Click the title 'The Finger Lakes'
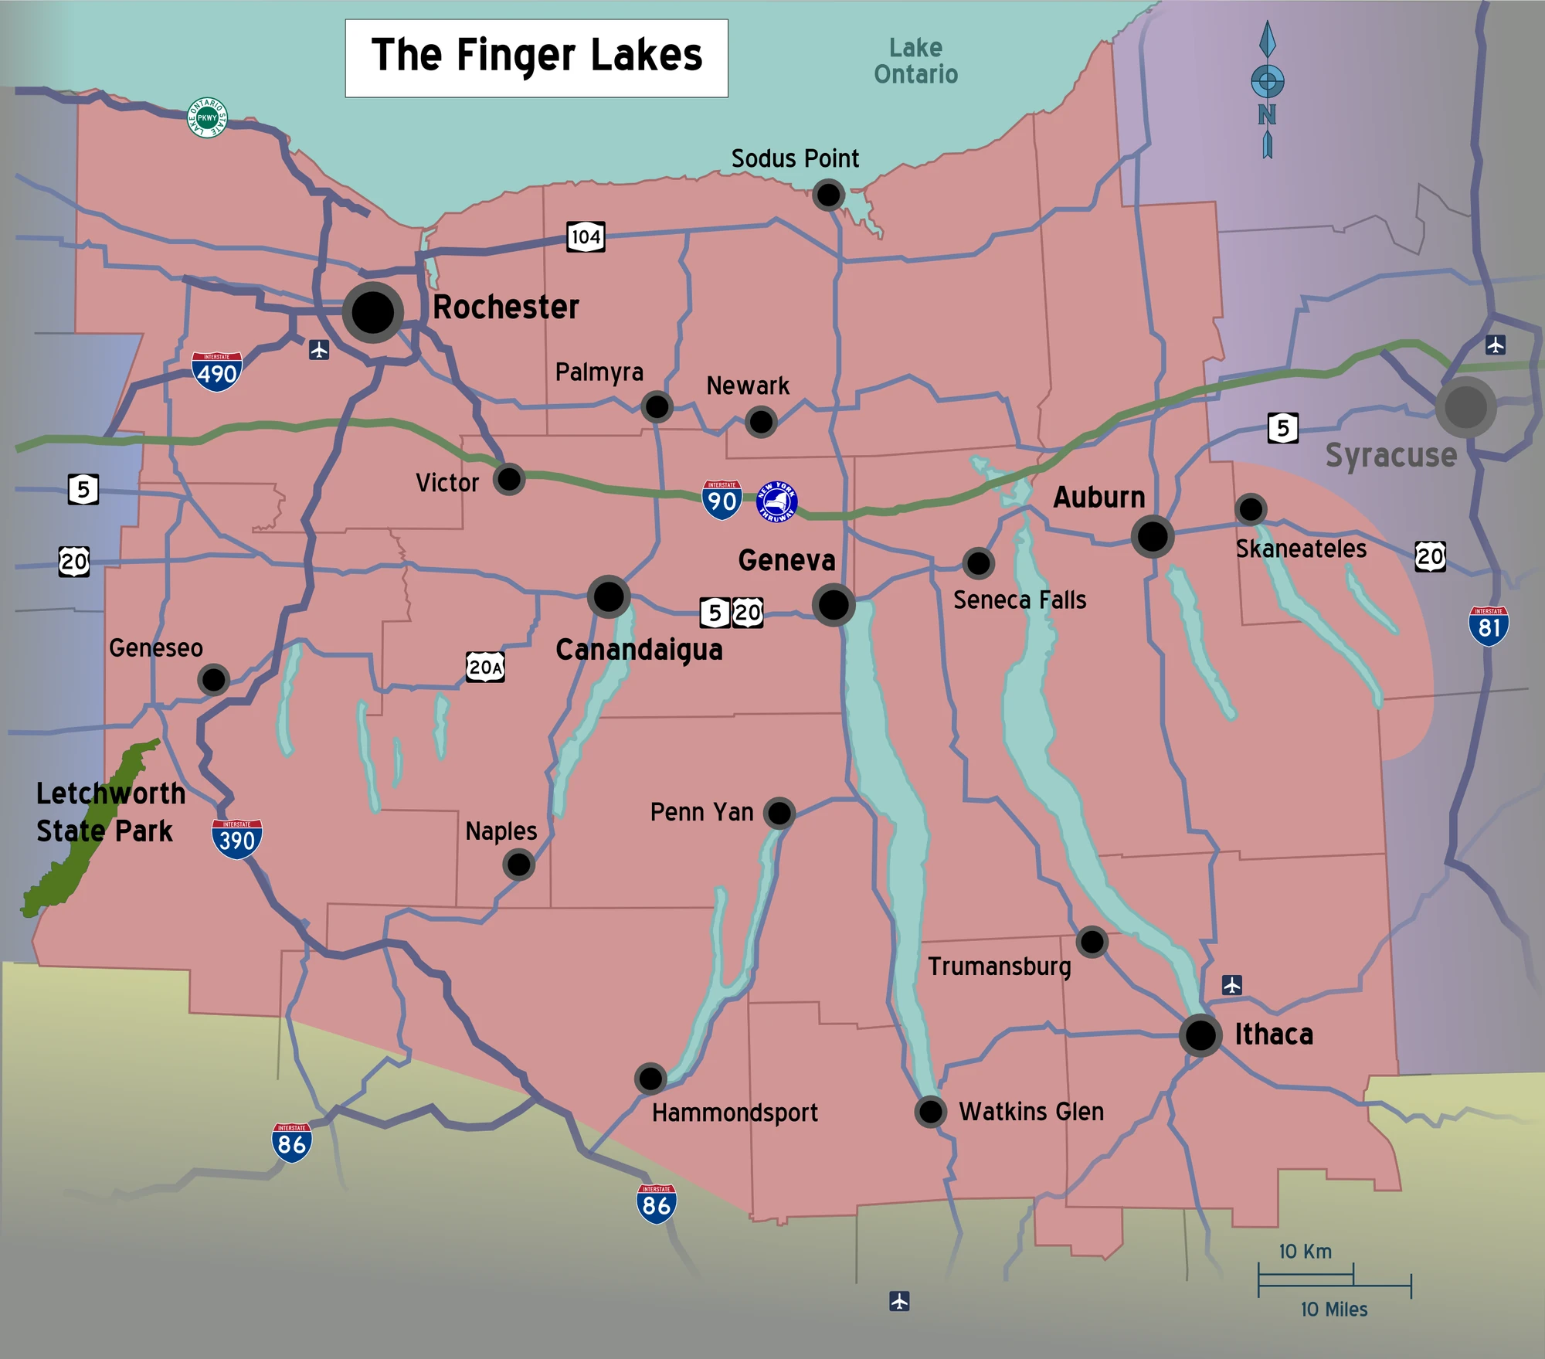536,57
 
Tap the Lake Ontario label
915,61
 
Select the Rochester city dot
373,312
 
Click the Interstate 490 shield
217,372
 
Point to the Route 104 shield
586,236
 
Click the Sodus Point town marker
828,195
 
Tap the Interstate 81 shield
1489,625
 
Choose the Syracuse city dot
1465,407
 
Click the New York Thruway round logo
776,501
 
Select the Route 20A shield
485,667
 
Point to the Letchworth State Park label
110,812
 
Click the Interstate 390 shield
237,839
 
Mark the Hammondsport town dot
650,1077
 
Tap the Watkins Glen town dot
931,1112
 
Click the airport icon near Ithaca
1232,984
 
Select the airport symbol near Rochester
319,350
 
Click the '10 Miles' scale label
1334,1309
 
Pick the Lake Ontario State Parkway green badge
207,117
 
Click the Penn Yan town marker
779,813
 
